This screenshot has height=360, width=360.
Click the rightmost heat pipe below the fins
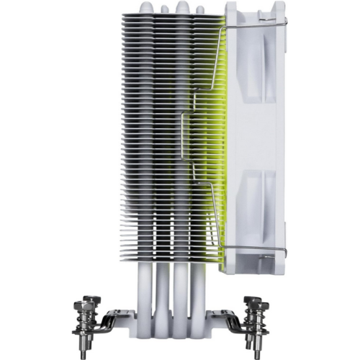point(210,288)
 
